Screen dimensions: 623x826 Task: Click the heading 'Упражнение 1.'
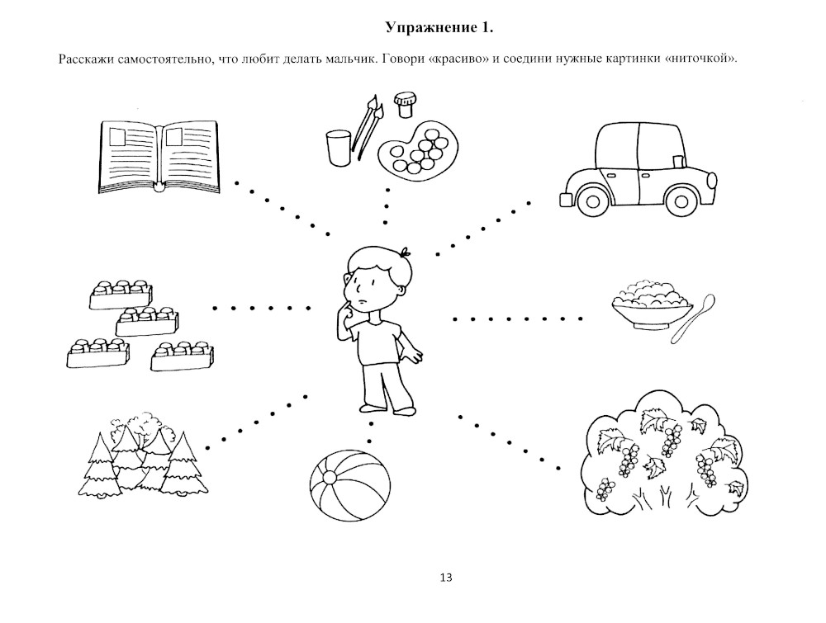pos(439,28)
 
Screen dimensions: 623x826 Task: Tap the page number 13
pos(446,577)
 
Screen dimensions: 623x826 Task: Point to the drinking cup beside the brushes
pos(338,148)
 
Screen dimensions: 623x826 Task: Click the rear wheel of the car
pos(591,199)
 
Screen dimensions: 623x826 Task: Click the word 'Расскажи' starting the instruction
pos(85,59)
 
